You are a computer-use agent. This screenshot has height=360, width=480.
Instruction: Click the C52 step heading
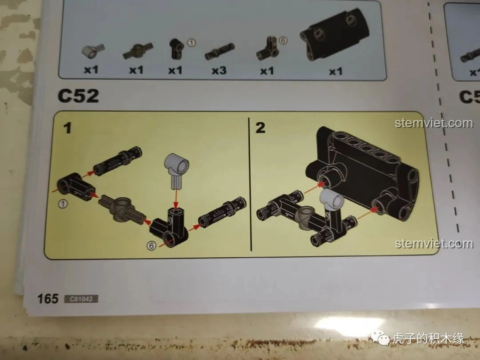(78, 96)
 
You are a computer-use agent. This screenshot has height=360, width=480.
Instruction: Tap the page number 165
(48, 298)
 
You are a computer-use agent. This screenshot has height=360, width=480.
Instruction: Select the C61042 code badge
(81, 299)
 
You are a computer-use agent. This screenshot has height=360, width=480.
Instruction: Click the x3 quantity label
(219, 70)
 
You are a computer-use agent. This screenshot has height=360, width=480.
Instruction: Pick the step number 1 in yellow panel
(68, 128)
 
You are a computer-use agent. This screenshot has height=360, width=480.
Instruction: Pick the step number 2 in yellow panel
(260, 128)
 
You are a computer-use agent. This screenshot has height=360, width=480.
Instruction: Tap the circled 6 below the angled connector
(152, 245)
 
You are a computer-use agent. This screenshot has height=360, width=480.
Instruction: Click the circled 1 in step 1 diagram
(63, 204)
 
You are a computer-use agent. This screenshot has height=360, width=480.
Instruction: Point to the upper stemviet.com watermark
(434, 123)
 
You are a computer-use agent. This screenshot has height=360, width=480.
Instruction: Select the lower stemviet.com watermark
(434, 244)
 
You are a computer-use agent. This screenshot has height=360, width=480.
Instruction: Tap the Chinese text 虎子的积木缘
(428, 339)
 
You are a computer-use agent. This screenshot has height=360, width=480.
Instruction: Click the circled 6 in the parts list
(283, 40)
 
